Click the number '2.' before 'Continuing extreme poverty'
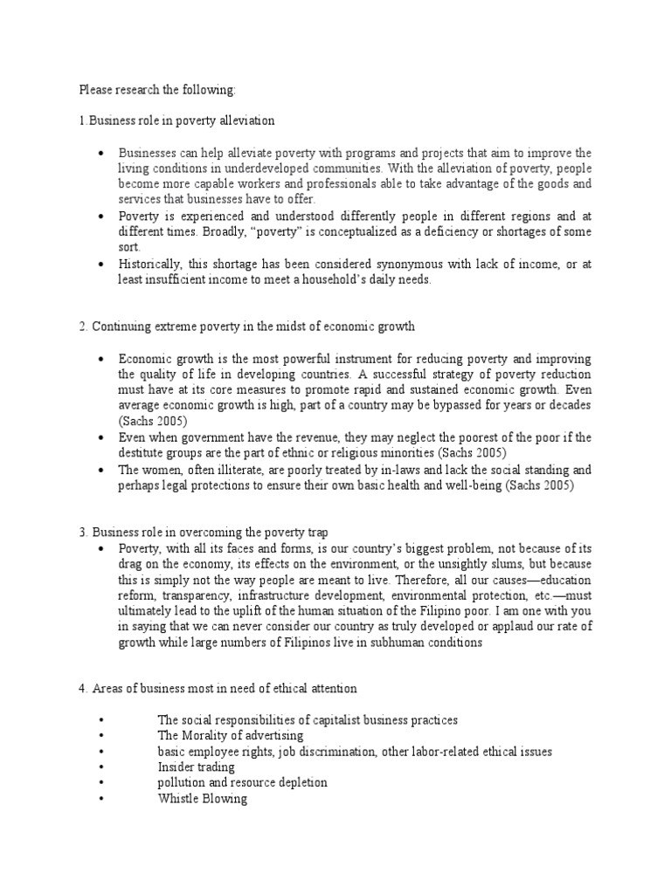click(x=84, y=327)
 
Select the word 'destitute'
click(x=143, y=453)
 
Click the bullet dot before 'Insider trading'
click(x=102, y=767)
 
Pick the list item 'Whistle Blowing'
click(x=202, y=799)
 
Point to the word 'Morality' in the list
click(x=204, y=736)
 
